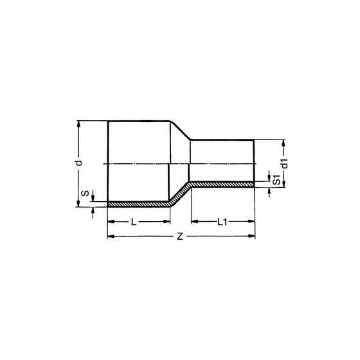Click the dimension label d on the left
coord(79,163)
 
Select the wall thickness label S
coord(85,194)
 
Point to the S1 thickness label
coord(277,179)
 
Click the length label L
coord(134,222)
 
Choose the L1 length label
coord(222,222)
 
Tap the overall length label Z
coord(180,237)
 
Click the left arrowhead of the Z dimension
coord(111,237)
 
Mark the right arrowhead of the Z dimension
coord(251,236)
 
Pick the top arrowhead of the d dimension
coord(78,124)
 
